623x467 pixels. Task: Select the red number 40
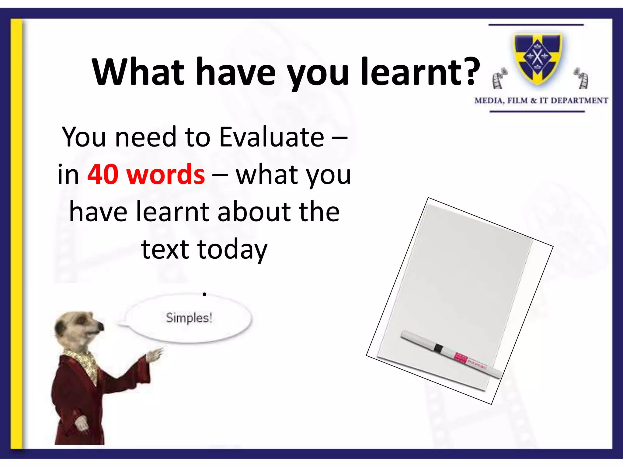pyautogui.click(x=103, y=175)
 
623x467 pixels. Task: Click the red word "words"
pyautogui.click(x=166, y=175)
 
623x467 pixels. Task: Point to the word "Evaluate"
pyautogui.click(x=272, y=137)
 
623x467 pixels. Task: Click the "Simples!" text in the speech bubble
pyautogui.click(x=189, y=318)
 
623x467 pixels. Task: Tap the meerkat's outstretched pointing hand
pyautogui.click(x=155, y=355)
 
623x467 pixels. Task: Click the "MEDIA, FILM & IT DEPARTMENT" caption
pyautogui.click(x=541, y=101)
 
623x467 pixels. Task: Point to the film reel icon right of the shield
pyautogui.click(x=581, y=78)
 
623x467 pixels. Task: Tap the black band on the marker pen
pyautogui.click(x=438, y=348)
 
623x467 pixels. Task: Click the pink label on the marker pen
pyautogui.click(x=460, y=358)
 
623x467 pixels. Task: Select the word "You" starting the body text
pyautogui.click(x=84, y=137)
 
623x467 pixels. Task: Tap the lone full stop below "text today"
pyautogui.click(x=204, y=294)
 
